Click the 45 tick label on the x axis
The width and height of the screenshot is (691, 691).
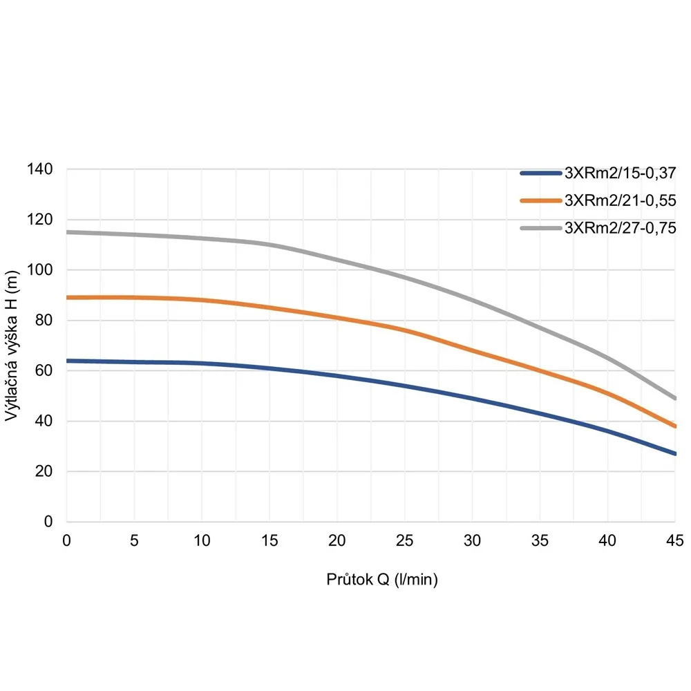pos(675,540)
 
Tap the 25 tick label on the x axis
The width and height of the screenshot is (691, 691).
pos(405,540)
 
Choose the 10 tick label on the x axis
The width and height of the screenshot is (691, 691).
pos(202,540)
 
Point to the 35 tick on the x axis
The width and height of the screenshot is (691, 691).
pos(540,540)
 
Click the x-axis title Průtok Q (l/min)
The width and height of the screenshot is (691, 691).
pos(382,579)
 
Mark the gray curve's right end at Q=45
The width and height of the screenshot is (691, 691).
pos(675,399)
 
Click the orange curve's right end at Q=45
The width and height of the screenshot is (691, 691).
pos(675,426)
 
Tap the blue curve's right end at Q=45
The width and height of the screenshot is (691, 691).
pos(675,454)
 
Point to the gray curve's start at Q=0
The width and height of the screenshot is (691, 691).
pos(67,232)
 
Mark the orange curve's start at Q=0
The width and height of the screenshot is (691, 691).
pos(67,298)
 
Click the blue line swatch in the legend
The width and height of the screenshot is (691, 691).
pos(541,173)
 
